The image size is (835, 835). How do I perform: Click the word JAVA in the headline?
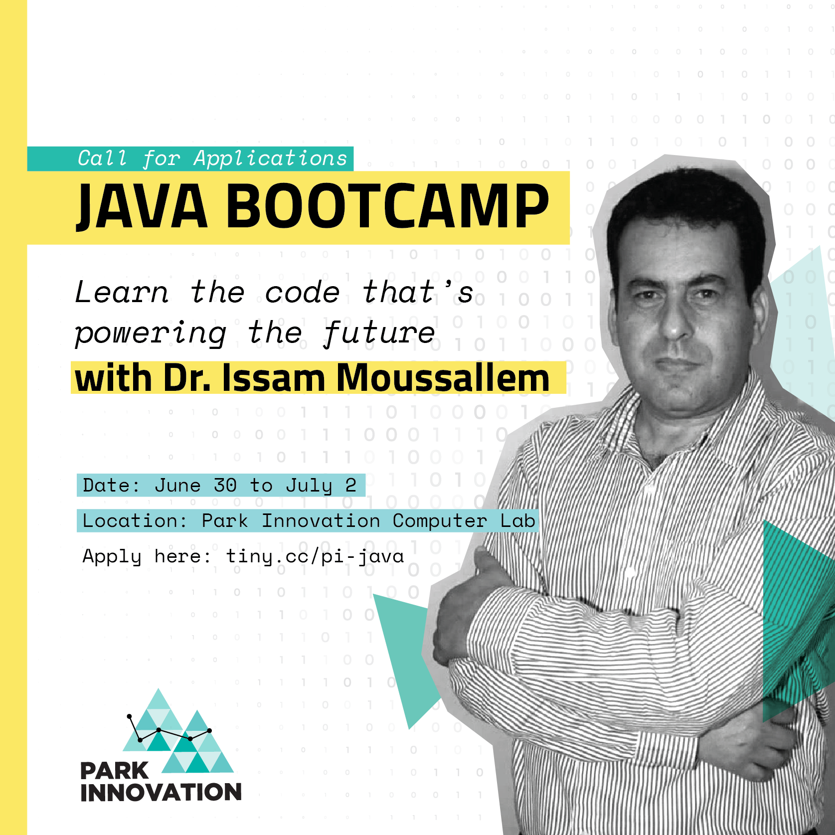tap(142, 207)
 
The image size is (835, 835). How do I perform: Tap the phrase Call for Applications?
tap(212, 159)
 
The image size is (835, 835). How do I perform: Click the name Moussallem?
tap(443, 378)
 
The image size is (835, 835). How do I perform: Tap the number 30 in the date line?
tap(225, 485)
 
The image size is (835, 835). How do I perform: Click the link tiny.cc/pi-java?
tap(315, 556)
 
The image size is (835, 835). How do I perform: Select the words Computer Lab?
tap(464, 521)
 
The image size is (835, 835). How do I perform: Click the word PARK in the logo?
tap(115, 771)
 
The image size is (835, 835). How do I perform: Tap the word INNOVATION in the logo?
tap(161, 793)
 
